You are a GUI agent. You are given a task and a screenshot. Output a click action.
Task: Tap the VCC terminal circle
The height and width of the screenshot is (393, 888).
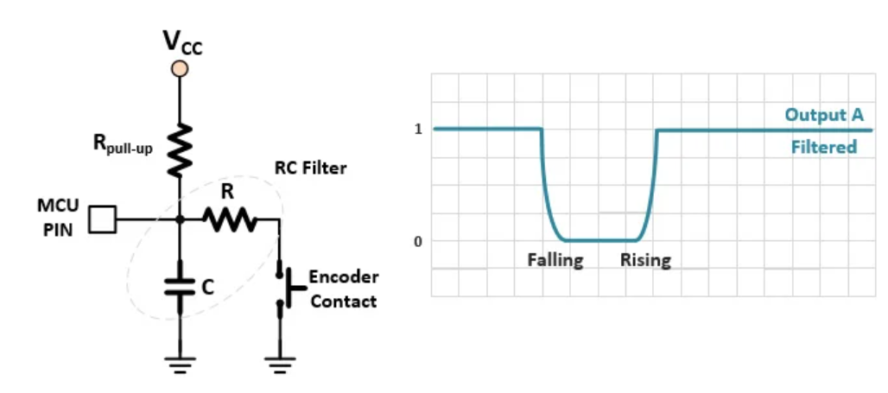point(180,69)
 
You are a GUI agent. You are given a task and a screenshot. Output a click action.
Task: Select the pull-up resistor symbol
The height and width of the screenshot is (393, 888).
point(180,148)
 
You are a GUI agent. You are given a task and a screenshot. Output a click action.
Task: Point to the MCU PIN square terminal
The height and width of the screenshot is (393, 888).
point(104,219)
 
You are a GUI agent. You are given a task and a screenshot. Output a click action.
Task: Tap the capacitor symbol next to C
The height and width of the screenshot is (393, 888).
point(180,288)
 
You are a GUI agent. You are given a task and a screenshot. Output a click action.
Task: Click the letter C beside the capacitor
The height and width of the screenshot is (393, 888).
point(207,288)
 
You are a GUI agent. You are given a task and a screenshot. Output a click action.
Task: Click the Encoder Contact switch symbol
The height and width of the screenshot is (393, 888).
point(281,289)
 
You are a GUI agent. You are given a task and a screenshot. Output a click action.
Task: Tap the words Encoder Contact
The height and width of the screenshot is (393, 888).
point(343,289)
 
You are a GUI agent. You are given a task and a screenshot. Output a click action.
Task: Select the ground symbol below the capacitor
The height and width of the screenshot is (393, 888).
point(180,362)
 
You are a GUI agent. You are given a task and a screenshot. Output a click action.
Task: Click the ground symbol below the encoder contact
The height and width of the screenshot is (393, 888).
point(279,362)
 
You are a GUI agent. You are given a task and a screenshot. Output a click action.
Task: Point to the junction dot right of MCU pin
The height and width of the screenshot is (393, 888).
point(180,220)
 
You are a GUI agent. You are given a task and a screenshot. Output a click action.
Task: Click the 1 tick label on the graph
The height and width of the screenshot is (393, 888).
point(418,130)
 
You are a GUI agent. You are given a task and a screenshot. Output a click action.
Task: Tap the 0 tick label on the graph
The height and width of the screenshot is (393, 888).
point(418,241)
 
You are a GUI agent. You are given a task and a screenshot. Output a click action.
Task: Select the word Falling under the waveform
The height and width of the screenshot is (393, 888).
point(555,260)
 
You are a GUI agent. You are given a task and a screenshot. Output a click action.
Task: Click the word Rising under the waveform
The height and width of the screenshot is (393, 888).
point(645,260)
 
